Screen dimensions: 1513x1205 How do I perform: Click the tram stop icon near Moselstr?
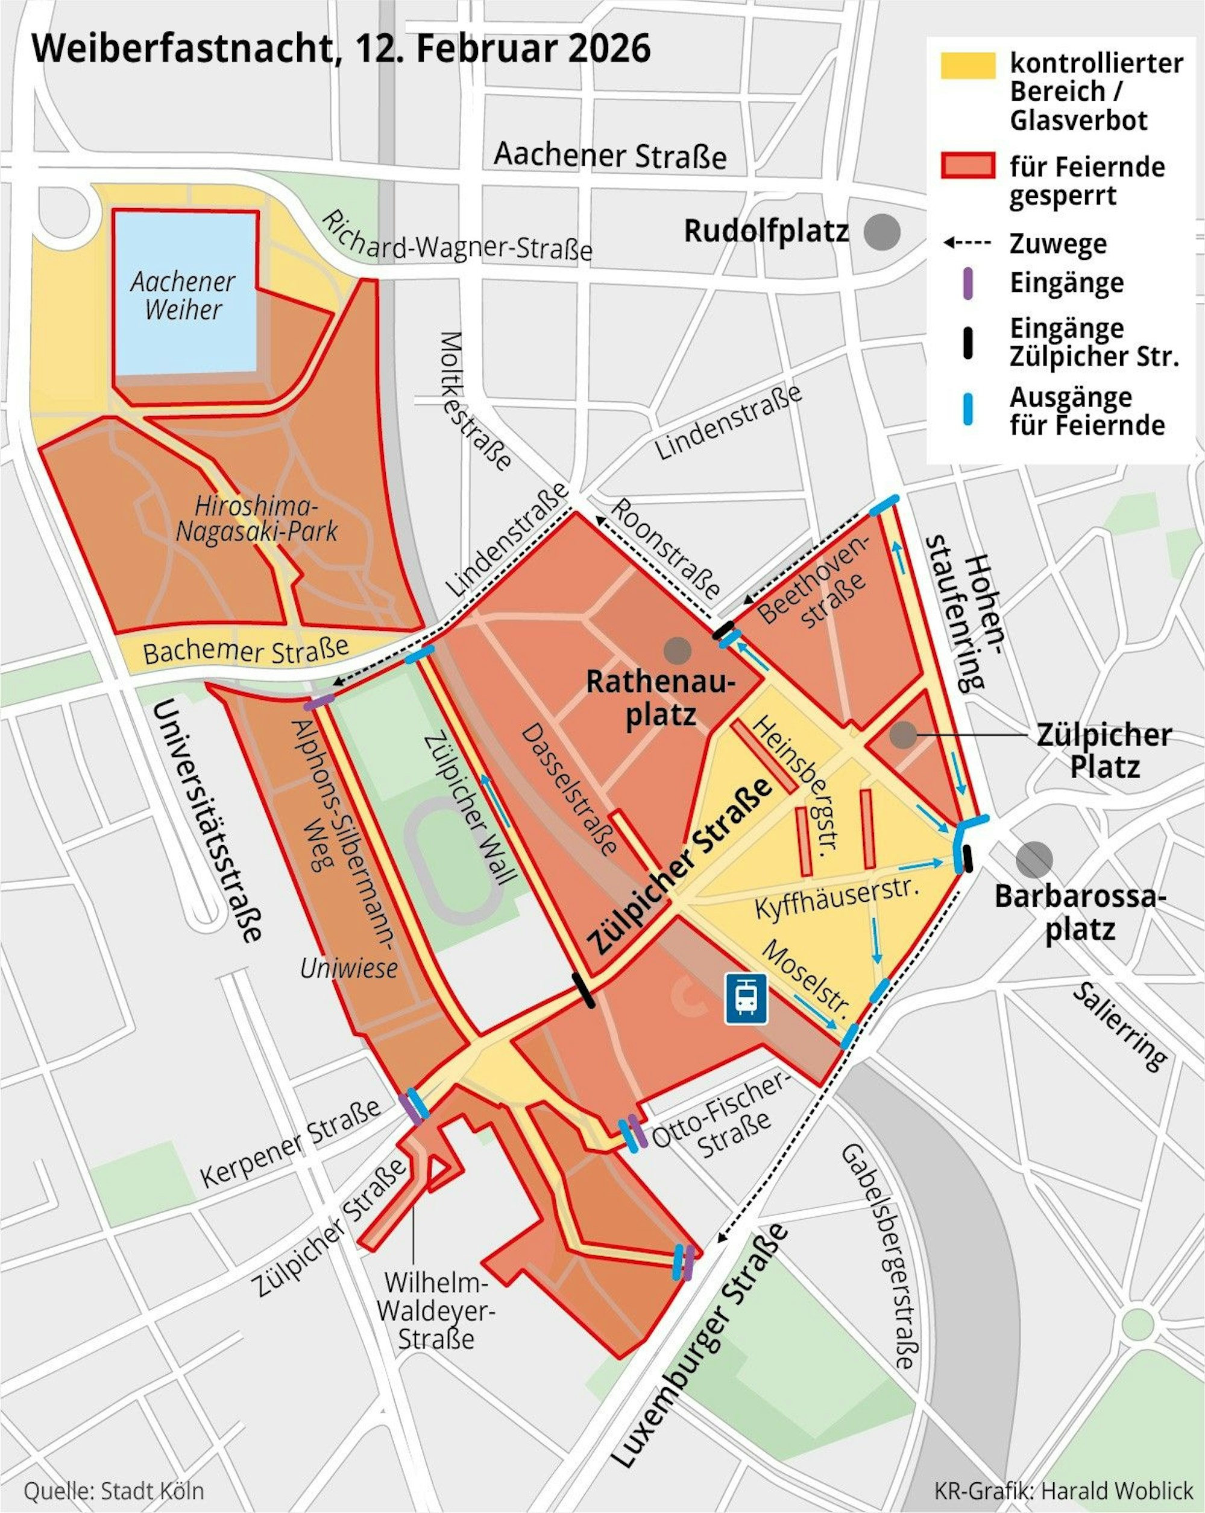[x=746, y=998]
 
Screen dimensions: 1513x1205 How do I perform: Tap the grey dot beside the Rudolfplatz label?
[x=882, y=232]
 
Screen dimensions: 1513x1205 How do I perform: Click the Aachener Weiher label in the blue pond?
[x=183, y=296]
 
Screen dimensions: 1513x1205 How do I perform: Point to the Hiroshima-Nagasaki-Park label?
[x=256, y=519]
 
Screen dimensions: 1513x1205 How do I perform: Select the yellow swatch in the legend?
[x=968, y=65]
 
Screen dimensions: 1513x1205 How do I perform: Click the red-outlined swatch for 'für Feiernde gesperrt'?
[x=968, y=166]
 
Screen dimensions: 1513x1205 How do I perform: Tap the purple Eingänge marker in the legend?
[x=968, y=284]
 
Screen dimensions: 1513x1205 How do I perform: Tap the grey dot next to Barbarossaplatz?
[x=1034, y=860]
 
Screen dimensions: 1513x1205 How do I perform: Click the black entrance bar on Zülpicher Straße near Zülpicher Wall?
[x=584, y=990]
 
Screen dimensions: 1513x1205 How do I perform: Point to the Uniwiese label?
[x=348, y=968]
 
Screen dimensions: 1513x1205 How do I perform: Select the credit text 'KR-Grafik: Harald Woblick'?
[x=1063, y=1491]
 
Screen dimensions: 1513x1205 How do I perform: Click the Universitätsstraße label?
[x=206, y=820]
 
